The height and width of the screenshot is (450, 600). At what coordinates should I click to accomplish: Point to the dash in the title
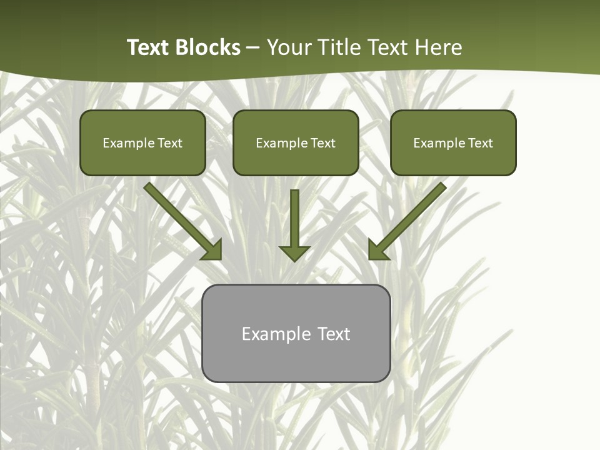253,48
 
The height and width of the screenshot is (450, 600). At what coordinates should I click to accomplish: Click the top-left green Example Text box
142,142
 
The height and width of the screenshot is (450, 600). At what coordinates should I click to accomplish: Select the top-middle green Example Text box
296,142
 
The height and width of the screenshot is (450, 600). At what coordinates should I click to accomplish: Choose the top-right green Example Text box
453,142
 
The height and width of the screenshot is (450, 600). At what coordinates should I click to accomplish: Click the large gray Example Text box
296,333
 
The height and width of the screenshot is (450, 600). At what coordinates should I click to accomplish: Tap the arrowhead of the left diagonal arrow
212,251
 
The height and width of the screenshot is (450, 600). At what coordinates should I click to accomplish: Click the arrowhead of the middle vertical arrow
294,253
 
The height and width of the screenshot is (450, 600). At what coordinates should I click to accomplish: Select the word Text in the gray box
334,334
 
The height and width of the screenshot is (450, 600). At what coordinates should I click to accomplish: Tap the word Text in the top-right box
481,143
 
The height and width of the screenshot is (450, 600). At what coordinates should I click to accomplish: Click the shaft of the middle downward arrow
294,216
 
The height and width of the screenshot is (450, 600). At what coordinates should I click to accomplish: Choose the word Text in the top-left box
170,143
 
